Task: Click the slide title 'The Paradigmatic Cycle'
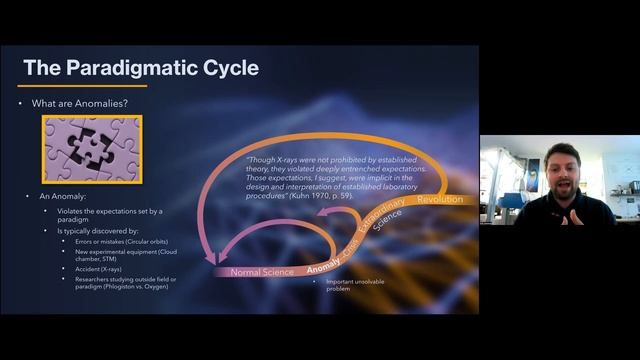click(x=140, y=68)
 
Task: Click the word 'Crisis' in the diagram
click(x=351, y=246)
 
